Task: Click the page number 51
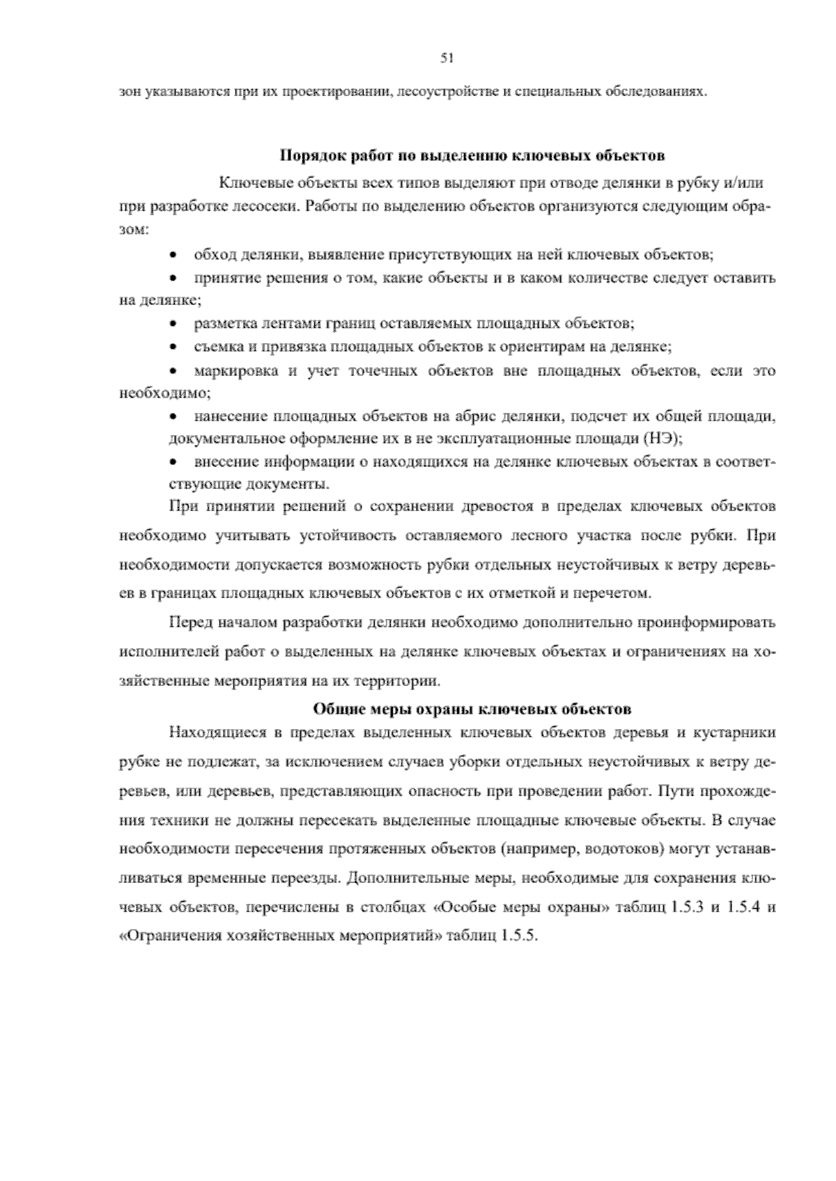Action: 447,58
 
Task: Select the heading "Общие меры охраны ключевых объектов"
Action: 472,710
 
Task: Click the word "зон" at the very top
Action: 129,91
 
